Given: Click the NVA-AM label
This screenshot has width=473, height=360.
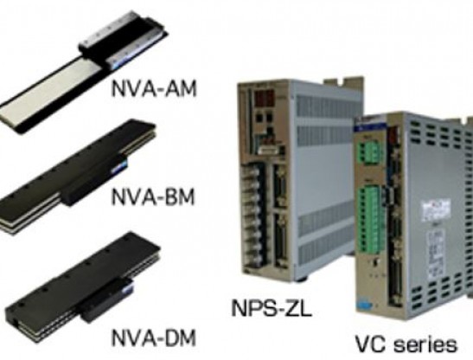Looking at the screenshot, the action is pos(154,88).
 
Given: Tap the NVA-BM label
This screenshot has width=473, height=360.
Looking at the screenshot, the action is pos(153,196).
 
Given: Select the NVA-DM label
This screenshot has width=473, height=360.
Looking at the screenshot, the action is pos(154,337).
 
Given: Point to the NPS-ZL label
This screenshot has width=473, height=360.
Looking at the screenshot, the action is pos(272,308).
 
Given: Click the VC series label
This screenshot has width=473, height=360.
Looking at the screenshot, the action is pos(406,344).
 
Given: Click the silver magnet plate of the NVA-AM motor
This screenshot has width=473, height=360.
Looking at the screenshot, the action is pos(45,92).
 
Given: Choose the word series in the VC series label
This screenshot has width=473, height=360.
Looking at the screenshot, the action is pos(425,344).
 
